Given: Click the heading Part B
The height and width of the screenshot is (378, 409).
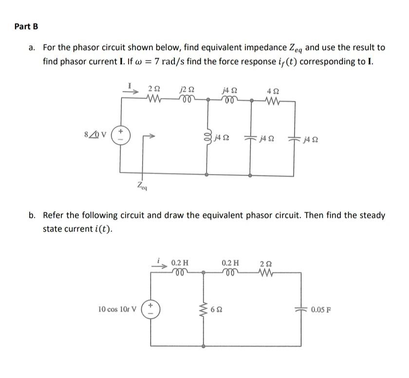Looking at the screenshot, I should click(26, 26).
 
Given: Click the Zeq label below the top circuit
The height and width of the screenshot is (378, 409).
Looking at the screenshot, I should click(142, 185).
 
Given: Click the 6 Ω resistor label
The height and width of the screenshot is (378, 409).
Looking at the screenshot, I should click(217, 309).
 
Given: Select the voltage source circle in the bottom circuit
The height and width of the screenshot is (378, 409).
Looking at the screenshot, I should click(151, 309).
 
